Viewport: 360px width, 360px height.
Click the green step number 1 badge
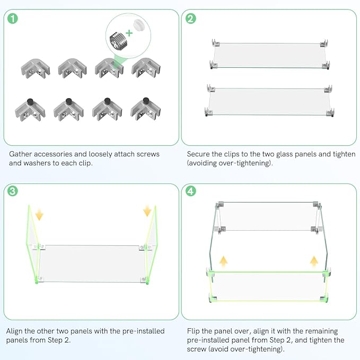pyautogui.click(x=13, y=19)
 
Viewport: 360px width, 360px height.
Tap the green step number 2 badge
pyautogui.click(x=190, y=19)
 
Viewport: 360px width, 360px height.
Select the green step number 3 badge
pyautogui.click(x=13, y=191)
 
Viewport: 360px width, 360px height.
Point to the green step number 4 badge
pyautogui.click(x=190, y=191)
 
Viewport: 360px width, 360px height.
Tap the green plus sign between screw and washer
pyautogui.click(x=129, y=33)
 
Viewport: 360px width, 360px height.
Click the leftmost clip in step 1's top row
pyautogui.click(x=36, y=68)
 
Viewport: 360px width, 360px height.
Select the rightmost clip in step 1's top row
pyautogui.click(x=146, y=68)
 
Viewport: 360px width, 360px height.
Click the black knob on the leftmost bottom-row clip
pyautogui.click(x=30, y=101)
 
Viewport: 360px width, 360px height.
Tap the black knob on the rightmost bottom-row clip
pyautogui.click(x=146, y=101)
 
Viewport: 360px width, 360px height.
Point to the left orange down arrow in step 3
pyautogui.click(x=39, y=214)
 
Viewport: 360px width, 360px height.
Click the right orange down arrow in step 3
pyautogui.click(x=147, y=211)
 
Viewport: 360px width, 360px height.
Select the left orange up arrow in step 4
pyautogui.click(x=223, y=261)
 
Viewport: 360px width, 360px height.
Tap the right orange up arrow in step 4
pyautogui.click(x=314, y=261)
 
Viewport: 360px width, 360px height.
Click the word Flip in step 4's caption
pyautogui.click(x=193, y=331)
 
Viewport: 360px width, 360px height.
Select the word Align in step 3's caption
pyautogui.click(x=14, y=331)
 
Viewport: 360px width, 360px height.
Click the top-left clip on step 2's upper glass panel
pyautogui.click(x=215, y=43)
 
